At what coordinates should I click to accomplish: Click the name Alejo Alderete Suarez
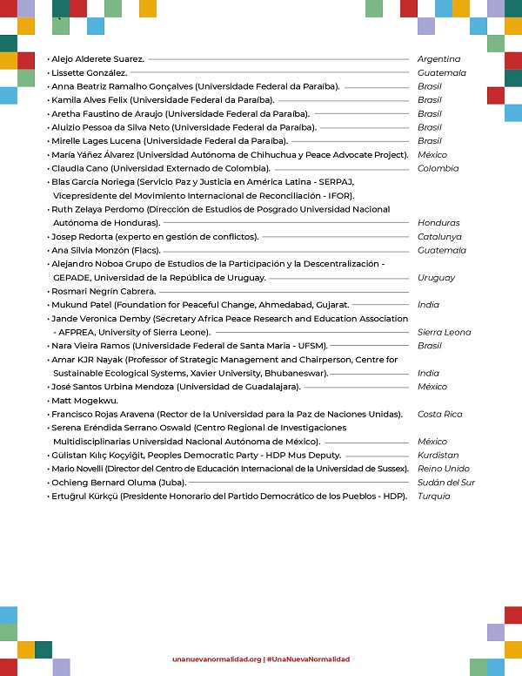[97, 59]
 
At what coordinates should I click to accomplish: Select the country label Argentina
[438, 59]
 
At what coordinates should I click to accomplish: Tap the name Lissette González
[90, 73]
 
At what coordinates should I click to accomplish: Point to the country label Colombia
[438, 168]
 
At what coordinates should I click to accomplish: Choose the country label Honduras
[438, 223]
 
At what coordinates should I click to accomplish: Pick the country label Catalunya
[439, 237]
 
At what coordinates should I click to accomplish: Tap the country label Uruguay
[437, 278]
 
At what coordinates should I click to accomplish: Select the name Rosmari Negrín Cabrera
[104, 291]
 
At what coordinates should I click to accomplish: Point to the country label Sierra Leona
[444, 332]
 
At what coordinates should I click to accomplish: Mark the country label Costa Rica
[440, 414]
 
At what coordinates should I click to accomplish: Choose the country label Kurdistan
[438, 455]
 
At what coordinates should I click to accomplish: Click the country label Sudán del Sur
[446, 482]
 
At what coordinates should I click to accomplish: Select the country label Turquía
[434, 496]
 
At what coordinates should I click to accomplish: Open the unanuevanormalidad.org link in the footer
[217, 659]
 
